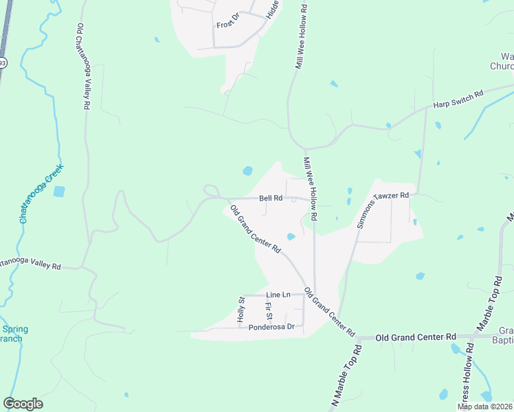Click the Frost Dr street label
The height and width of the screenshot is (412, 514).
click(x=227, y=25)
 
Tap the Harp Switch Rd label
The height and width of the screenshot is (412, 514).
click(x=458, y=99)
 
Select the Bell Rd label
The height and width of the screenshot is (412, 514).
click(x=271, y=198)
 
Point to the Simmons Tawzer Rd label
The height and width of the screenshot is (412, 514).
click(x=382, y=209)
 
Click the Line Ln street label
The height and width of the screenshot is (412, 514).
click(x=278, y=295)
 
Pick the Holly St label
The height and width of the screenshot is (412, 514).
click(x=241, y=309)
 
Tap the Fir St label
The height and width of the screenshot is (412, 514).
click(x=269, y=311)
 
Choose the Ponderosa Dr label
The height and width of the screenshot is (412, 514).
click(x=271, y=327)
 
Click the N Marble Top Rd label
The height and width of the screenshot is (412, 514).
click(x=348, y=378)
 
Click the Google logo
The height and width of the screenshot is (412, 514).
click(x=23, y=404)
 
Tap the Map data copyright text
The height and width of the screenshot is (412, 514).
click(x=484, y=407)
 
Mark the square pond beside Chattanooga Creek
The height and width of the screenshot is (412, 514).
click(x=60, y=192)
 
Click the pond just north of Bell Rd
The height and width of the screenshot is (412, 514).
click(x=247, y=170)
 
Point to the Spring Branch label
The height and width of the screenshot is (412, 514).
click(x=12, y=334)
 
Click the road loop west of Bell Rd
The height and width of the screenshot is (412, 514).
click(x=210, y=191)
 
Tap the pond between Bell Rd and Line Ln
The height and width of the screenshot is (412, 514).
click(x=291, y=237)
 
